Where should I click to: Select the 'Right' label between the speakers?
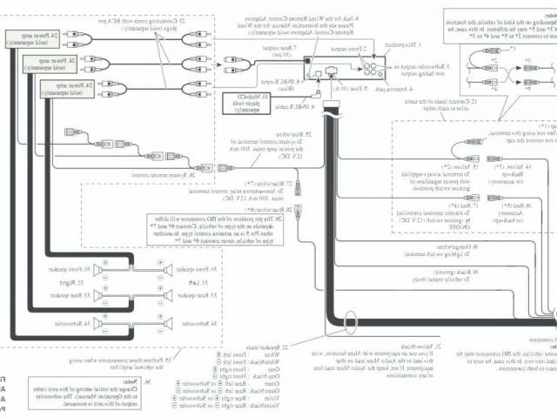[x=111, y=282]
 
